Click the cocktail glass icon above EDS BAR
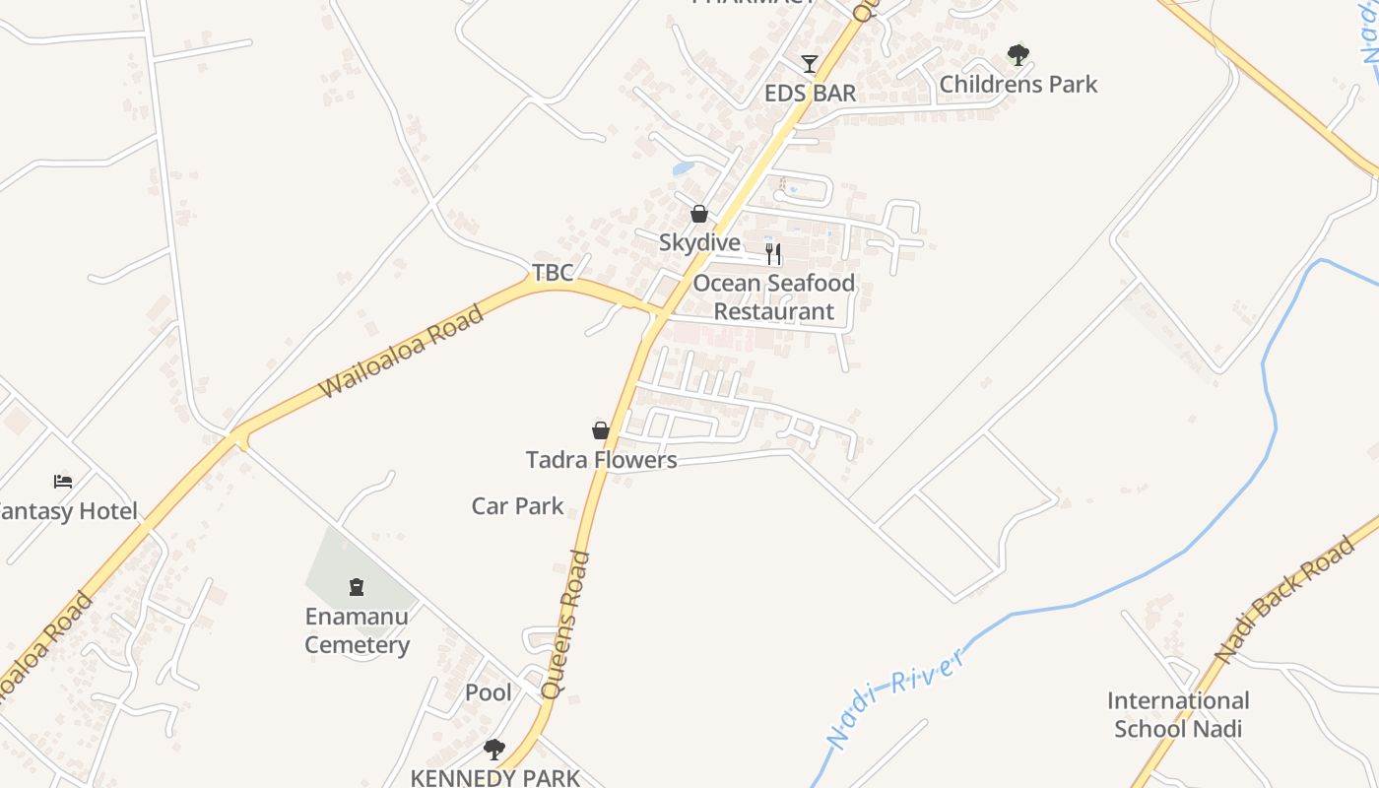tap(810, 64)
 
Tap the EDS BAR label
tap(811, 94)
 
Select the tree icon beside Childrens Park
tap(1018, 55)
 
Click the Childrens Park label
tap(1018, 84)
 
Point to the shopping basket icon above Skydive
tap(699, 214)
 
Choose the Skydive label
tap(699, 242)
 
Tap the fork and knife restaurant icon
tap(773, 254)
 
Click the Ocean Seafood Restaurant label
tap(773, 297)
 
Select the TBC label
tap(553, 273)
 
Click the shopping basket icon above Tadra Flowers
tap(601, 430)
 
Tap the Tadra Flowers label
tap(601, 460)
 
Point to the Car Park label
tap(517, 506)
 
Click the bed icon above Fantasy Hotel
tap(63, 482)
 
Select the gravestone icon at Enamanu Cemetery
tap(357, 588)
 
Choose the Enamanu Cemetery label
tap(357, 630)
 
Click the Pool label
tap(489, 692)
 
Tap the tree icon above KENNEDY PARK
tap(494, 750)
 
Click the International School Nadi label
tap(1178, 715)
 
